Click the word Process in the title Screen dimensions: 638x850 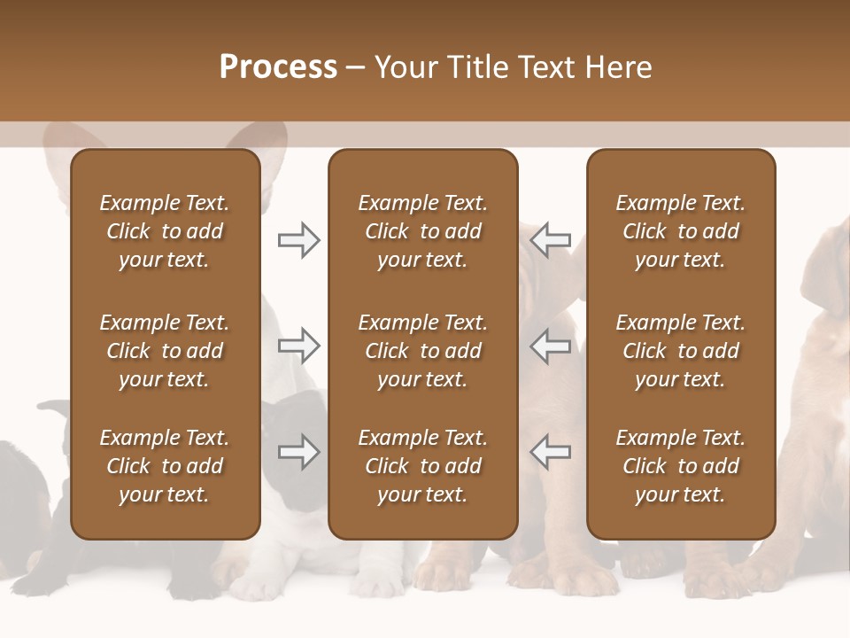[x=278, y=67]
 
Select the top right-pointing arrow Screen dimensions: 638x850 [x=298, y=240]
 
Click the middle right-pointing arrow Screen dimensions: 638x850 [x=298, y=346]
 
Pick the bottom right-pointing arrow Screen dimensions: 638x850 [x=298, y=452]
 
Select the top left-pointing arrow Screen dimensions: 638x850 [x=551, y=240]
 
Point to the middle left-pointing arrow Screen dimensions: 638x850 [x=551, y=346]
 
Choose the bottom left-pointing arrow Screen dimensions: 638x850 [x=551, y=452]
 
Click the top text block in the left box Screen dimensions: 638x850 [x=165, y=231]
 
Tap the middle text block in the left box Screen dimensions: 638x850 [x=165, y=351]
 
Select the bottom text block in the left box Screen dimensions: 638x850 [x=165, y=466]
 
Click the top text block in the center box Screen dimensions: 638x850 [x=422, y=231]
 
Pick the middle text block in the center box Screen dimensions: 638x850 [x=422, y=351]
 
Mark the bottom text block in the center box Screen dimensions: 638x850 [x=422, y=466]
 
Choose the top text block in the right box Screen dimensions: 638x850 [x=681, y=231]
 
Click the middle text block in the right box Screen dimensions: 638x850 [x=681, y=351]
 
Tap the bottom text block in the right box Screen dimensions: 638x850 [x=681, y=466]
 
